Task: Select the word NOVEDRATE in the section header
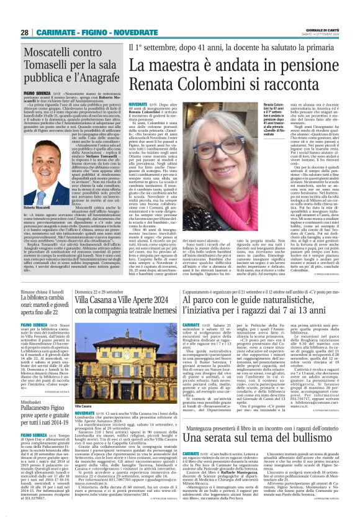point(113,32)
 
